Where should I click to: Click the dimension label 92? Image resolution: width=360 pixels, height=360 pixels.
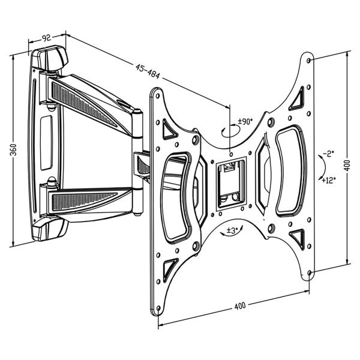pos(46,38)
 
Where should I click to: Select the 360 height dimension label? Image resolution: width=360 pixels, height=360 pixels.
pos(14,150)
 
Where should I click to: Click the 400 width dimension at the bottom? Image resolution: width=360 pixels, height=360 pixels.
pos(240,307)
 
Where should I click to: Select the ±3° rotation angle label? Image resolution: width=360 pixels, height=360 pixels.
pos(233,230)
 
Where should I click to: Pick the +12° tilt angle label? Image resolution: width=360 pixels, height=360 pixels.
pos(328,179)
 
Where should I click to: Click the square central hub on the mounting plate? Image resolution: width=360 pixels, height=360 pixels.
pos(231,180)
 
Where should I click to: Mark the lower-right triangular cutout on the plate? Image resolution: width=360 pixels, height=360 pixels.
pos(296,235)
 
